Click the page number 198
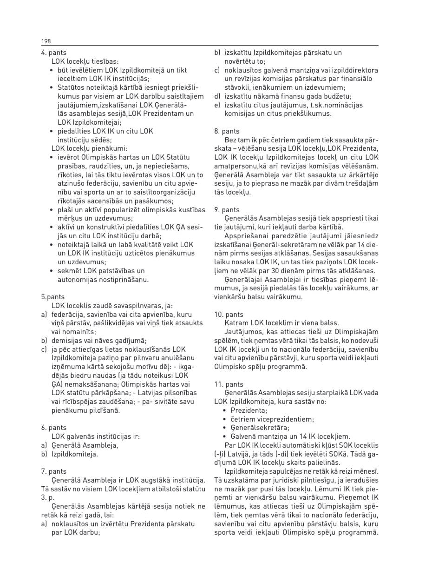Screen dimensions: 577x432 point(46,41)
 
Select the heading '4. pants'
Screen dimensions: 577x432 point(53,53)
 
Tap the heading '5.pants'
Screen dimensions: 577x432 point(52,296)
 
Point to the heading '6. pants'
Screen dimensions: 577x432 point(54,428)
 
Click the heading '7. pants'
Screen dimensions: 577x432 point(54,471)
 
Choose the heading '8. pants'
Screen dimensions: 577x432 point(227,131)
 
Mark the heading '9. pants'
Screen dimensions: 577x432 point(227,210)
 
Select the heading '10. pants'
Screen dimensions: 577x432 point(229,315)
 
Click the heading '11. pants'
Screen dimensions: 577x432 point(229,384)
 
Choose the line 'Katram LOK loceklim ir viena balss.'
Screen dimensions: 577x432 point(281,323)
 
